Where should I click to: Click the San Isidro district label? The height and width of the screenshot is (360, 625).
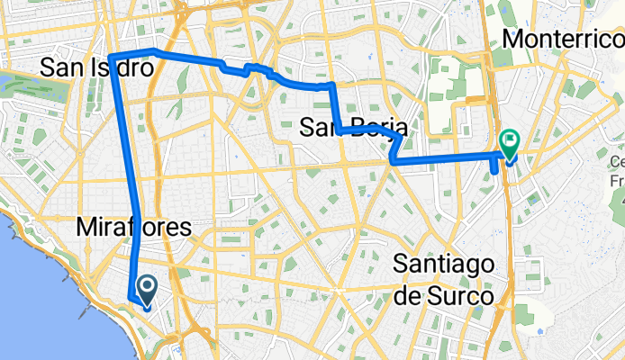98,67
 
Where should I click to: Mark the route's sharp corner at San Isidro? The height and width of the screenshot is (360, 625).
112,58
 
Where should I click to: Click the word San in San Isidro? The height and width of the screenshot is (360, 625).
59,67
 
